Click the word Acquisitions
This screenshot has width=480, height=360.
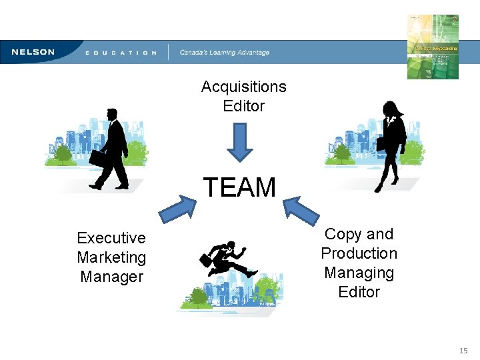[x=243, y=87]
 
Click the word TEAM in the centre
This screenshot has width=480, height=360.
[x=239, y=187]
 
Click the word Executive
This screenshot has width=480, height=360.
[x=111, y=238]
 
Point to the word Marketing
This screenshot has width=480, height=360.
[x=111, y=257]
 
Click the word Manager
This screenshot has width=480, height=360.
[x=111, y=276]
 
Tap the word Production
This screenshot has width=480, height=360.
[x=359, y=253]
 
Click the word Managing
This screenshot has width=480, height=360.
[x=359, y=273]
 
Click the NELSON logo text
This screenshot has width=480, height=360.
[x=32, y=52]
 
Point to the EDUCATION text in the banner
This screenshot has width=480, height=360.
[x=121, y=53]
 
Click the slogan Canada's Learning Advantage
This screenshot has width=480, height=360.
[x=225, y=53]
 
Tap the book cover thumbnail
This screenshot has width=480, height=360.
[x=433, y=46]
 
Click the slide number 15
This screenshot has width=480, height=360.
[x=463, y=350]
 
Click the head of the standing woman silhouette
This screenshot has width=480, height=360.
[x=390, y=109]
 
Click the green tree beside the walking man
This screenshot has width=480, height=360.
[x=63, y=155]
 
